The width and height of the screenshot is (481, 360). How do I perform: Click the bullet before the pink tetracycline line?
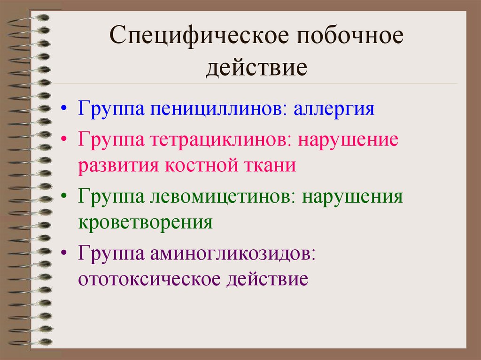[x=64, y=140]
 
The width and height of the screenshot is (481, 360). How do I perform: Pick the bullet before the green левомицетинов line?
[x=64, y=196]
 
